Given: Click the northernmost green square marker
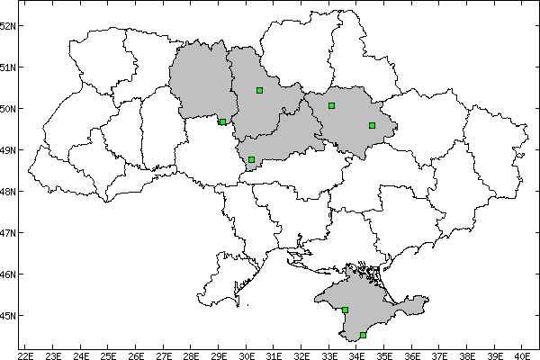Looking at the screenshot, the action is click(259, 90).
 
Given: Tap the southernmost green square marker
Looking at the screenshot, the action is click(363, 335).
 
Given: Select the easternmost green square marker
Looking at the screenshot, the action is click(372, 125).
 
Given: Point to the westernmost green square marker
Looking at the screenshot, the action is click(222, 121).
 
